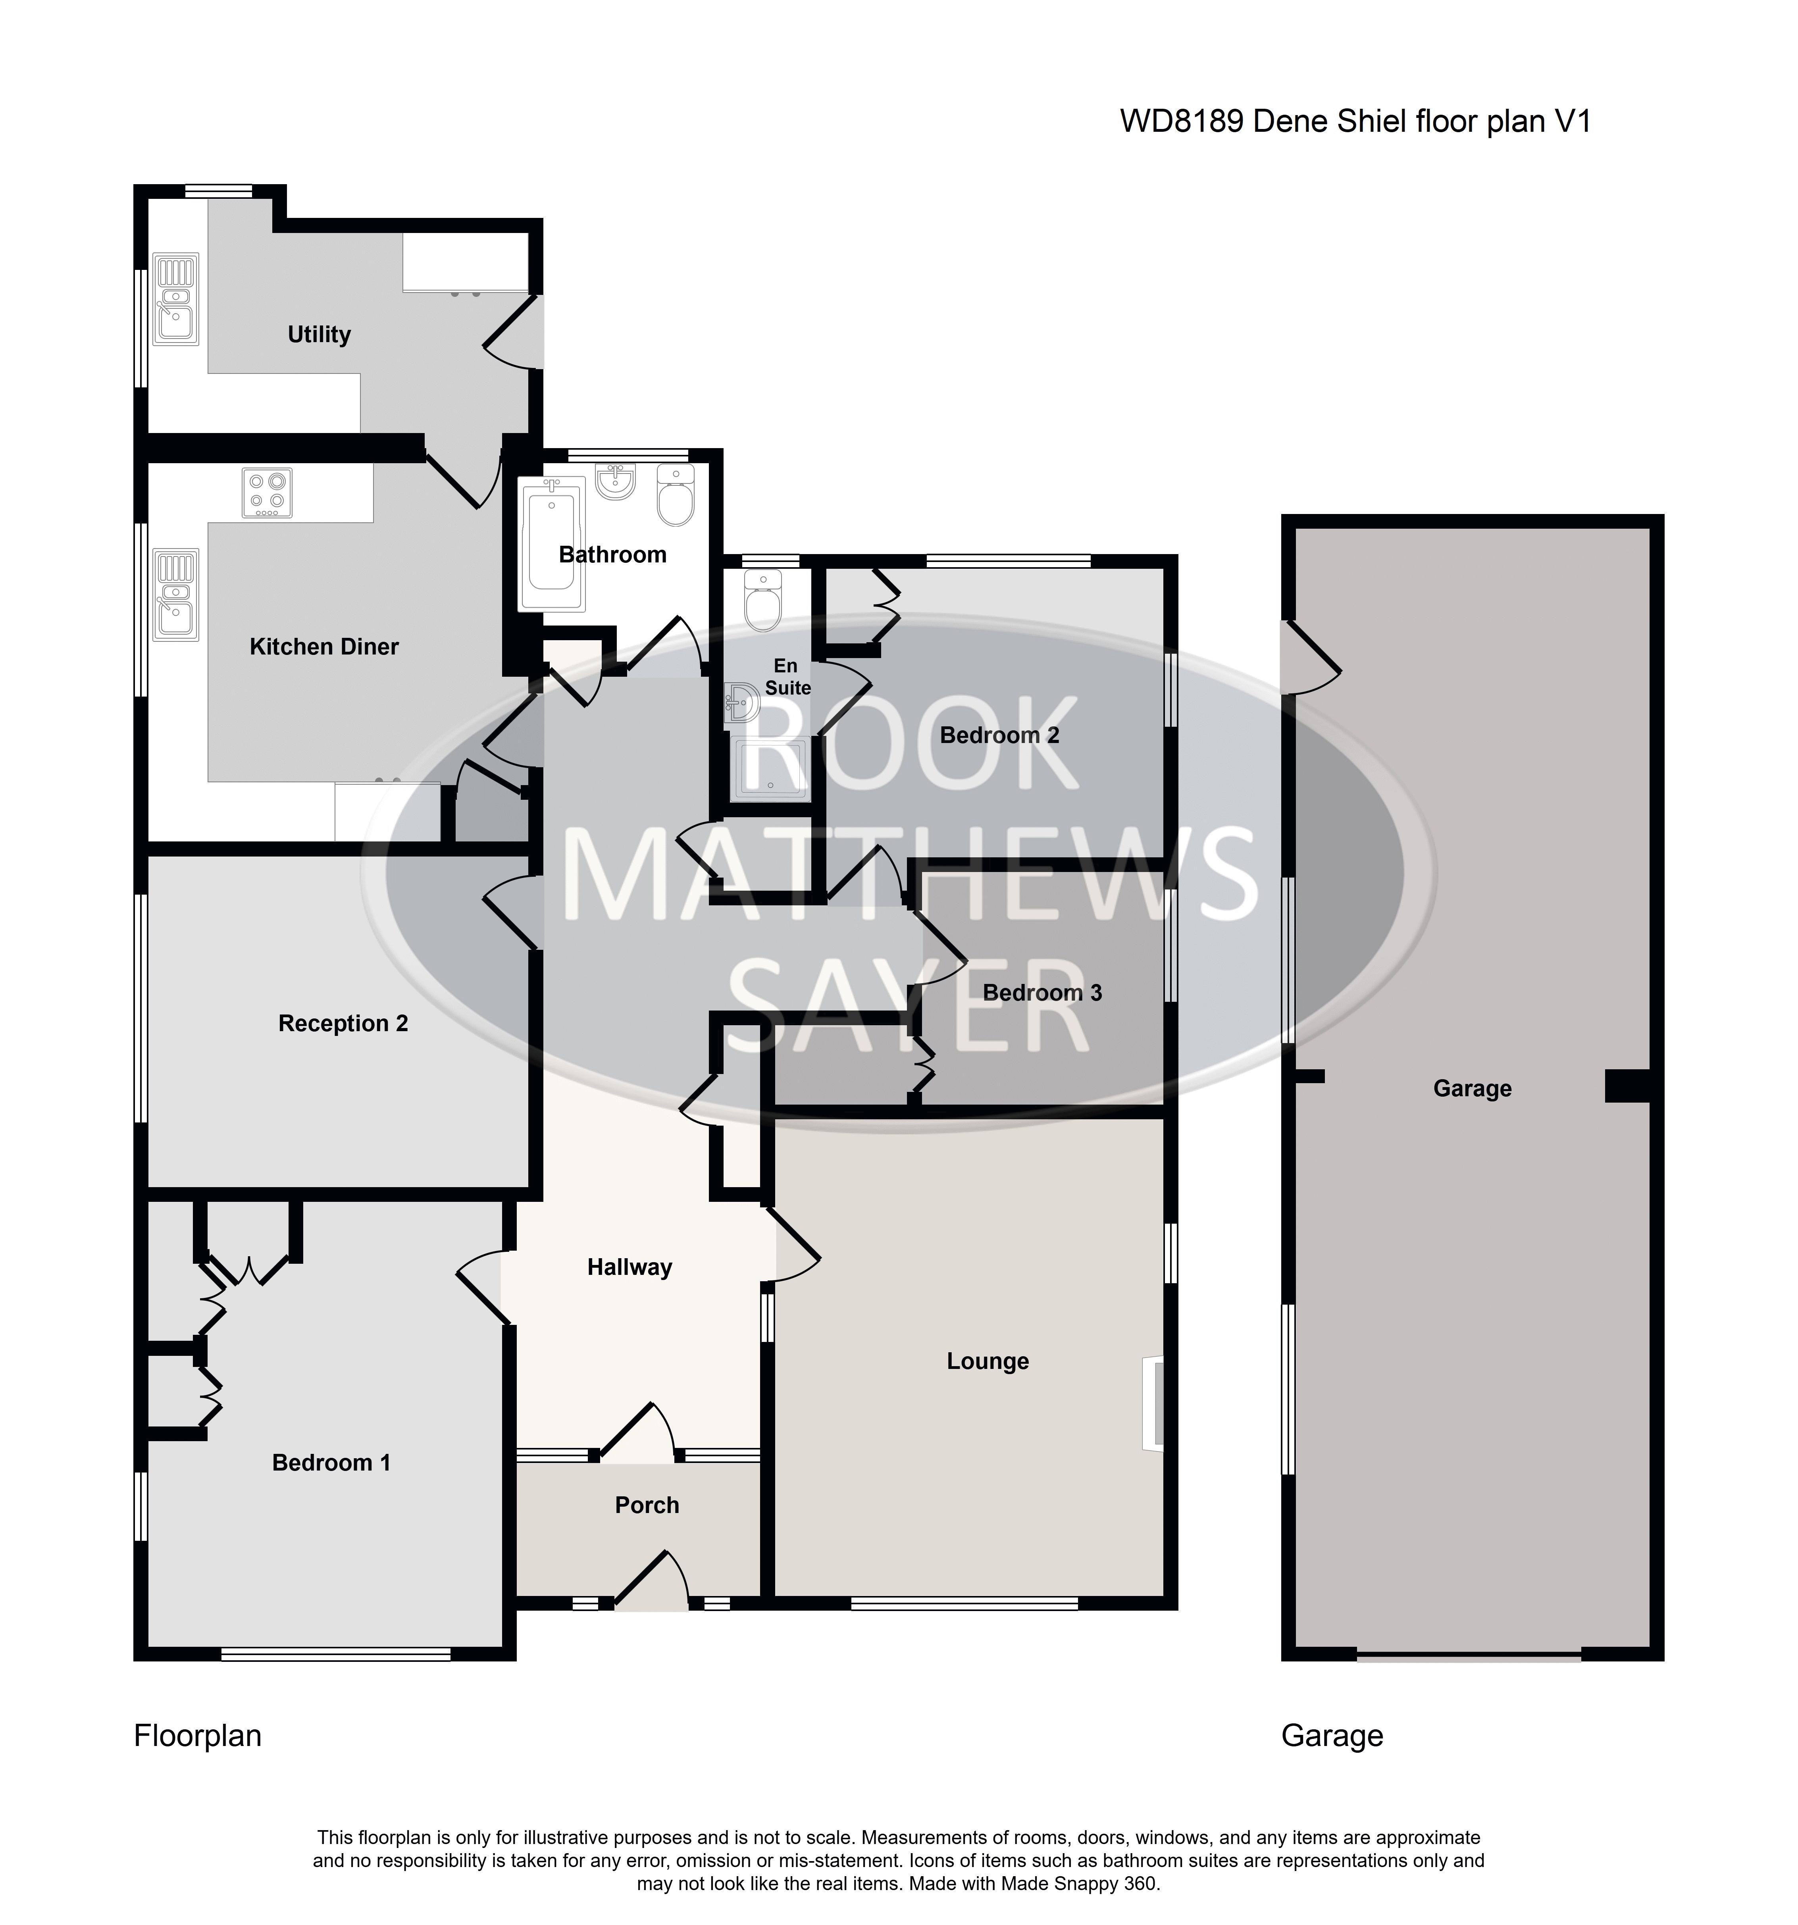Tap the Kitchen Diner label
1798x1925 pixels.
point(324,647)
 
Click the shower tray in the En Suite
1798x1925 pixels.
point(770,770)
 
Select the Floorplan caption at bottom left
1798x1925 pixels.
point(198,1736)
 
